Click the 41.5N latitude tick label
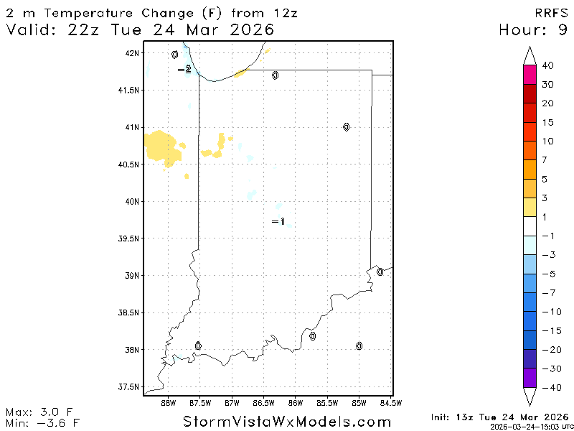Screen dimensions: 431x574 pyautogui.click(x=130, y=91)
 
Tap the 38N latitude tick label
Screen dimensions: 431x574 pyautogui.click(x=132, y=350)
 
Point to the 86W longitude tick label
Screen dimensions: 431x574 pyautogui.click(x=296, y=402)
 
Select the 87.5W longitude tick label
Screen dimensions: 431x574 pyautogui.click(x=200, y=402)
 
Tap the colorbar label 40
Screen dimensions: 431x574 pyautogui.click(x=547, y=65)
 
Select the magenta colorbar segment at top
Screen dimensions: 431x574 pyautogui.click(x=530, y=75)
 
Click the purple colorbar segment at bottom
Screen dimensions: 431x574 pyautogui.click(x=530, y=378)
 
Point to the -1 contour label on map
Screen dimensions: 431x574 pyautogui.click(x=278, y=222)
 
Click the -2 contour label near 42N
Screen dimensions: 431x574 pyautogui.click(x=184, y=70)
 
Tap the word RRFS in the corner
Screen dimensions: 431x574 pyautogui.click(x=551, y=13)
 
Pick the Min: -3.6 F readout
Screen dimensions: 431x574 pyautogui.click(x=41, y=422)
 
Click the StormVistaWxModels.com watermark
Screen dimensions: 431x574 pyautogui.click(x=287, y=421)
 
